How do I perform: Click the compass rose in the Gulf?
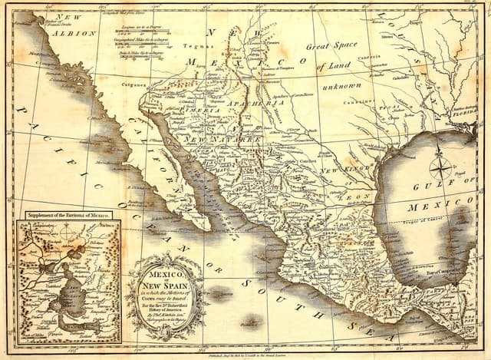click(440, 167)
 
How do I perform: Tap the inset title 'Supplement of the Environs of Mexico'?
click(68, 215)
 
